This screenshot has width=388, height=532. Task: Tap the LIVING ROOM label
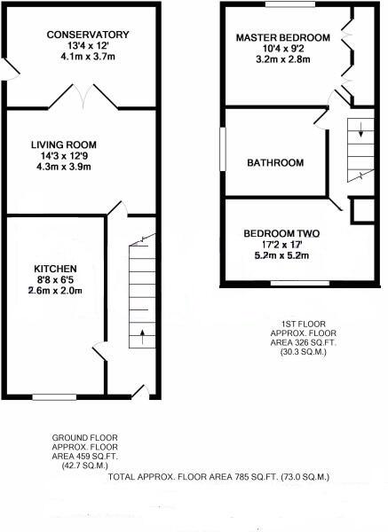point(63,145)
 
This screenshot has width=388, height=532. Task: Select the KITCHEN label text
point(55,269)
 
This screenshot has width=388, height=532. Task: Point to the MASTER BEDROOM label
point(282,38)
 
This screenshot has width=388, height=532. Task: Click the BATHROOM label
point(275,163)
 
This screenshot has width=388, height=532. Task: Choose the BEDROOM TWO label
point(281,234)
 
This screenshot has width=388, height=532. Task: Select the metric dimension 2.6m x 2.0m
point(55,290)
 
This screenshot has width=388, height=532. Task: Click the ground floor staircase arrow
point(142,338)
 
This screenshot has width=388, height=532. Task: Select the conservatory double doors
point(83,96)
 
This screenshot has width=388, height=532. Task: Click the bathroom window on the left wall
point(224,152)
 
